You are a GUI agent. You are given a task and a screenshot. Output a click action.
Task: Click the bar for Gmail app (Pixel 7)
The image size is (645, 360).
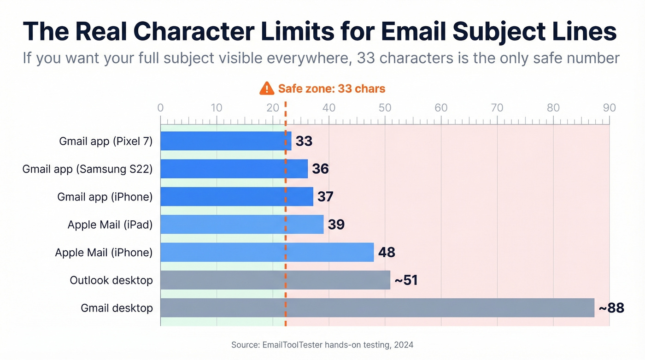coord(226,141)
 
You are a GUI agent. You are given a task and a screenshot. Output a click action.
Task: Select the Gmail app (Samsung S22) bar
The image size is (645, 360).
coord(234,169)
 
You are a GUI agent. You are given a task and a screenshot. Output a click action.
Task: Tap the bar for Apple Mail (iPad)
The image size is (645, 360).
coord(242,224)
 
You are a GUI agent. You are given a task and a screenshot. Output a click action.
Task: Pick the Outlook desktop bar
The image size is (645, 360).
coord(275,280)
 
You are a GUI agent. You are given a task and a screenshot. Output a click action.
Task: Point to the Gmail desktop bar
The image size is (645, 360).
coord(377,308)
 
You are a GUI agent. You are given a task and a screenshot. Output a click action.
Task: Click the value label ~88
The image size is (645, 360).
coord(611,308)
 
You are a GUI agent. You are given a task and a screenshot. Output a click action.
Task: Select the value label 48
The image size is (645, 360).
coord(387,253)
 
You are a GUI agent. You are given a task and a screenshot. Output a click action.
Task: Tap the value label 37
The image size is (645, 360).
coord(325,197)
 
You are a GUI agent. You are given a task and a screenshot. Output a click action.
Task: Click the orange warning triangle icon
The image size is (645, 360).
coord(267,89)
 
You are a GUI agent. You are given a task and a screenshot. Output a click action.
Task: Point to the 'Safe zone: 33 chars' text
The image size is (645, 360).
coord(331,89)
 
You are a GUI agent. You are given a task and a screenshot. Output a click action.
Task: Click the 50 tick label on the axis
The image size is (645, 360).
coord(385,108)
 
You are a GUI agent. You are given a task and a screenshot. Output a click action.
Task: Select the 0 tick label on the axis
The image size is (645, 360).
coord(160,108)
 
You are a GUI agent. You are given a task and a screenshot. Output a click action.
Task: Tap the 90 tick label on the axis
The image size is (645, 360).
coord(609,108)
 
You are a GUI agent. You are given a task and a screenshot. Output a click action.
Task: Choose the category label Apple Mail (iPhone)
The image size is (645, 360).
coord(104,253)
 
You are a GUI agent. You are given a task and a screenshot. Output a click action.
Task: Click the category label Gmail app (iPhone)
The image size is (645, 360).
coord(105,197)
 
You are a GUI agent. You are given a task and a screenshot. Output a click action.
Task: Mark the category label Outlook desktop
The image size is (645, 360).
coord(111,280)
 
